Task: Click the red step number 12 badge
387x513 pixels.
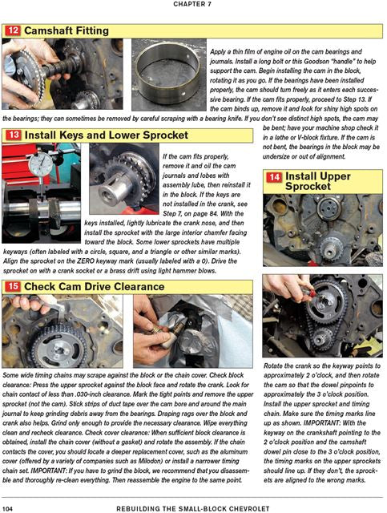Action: coord(13,31)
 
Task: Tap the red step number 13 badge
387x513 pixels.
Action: coord(14,135)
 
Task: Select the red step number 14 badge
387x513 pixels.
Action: coord(274,177)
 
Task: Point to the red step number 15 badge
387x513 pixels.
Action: coord(13,287)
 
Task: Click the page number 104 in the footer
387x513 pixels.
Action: coord(7,508)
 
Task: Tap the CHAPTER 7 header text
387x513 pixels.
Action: coord(192,4)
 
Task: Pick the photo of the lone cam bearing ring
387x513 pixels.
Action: coord(169,75)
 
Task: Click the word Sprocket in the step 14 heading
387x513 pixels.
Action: coord(308,187)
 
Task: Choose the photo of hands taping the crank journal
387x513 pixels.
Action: coord(192,331)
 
